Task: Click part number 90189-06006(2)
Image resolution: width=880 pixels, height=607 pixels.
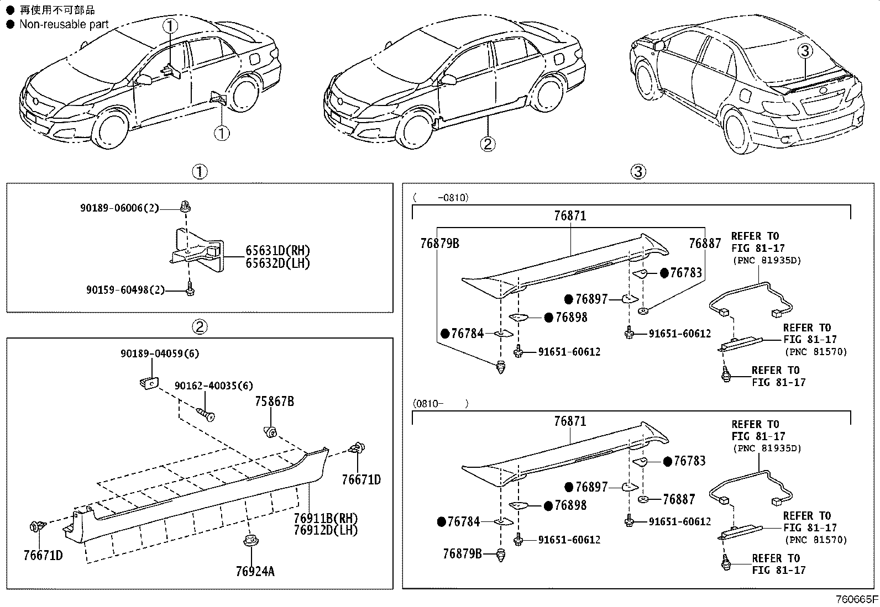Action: click(x=119, y=208)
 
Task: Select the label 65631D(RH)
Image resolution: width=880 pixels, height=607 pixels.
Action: click(x=277, y=251)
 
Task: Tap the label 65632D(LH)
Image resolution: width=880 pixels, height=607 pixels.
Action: click(x=277, y=263)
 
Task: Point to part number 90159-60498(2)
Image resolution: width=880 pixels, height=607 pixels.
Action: click(x=125, y=289)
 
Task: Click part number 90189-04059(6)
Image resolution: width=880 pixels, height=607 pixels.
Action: click(x=160, y=353)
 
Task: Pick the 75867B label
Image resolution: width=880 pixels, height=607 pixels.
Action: click(x=274, y=402)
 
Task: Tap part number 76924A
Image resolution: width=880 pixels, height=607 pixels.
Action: click(x=255, y=571)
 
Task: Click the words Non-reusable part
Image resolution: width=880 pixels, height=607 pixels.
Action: click(x=64, y=24)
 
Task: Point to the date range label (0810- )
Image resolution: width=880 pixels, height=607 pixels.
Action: click(x=440, y=404)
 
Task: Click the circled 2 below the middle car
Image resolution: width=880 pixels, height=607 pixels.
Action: click(x=487, y=144)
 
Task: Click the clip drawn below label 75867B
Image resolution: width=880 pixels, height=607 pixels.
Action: click(x=270, y=431)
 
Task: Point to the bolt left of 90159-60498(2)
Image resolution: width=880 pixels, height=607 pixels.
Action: click(x=190, y=289)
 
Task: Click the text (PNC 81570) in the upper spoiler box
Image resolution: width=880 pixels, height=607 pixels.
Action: click(x=815, y=351)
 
